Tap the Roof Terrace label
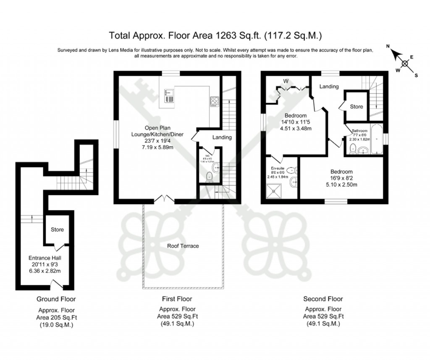pos(183,246)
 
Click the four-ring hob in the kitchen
pos(214,101)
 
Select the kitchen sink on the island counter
pos(169,96)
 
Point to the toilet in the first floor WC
pos(210,177)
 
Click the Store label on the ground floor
pos(57,230)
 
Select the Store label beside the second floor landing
pos(357,107)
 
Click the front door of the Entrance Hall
pos(56,285)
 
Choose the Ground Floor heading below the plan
pos(56,299)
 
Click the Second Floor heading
pos(323,299)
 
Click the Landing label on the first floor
pos(222,137)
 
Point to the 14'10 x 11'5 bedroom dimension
pos(296,122)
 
